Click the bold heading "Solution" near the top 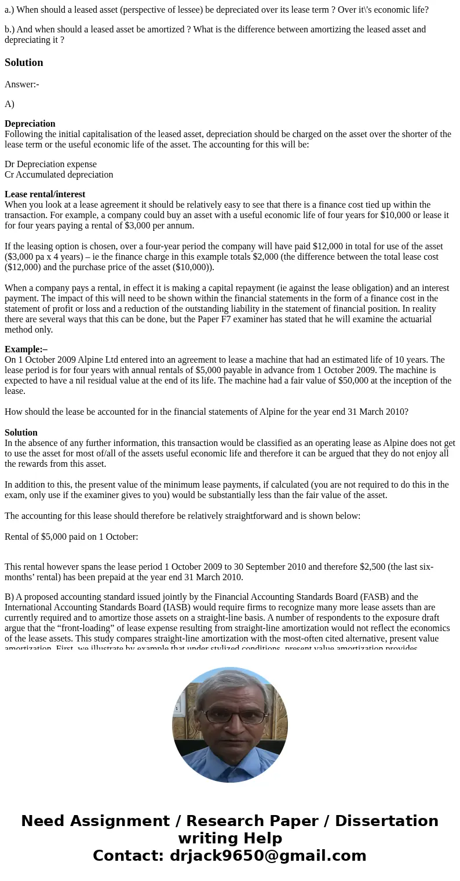coord(24,62)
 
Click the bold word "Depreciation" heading coord(30,124)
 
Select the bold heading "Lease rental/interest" coord(45,194)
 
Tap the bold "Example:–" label coord(26,349)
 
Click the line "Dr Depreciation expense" coord(50,164)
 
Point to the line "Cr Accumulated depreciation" coord(59,175)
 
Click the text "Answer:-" coord(21,84)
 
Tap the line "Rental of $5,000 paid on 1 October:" coord(71,537)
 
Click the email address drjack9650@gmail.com coord(268,856)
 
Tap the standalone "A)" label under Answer coord(9,104)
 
